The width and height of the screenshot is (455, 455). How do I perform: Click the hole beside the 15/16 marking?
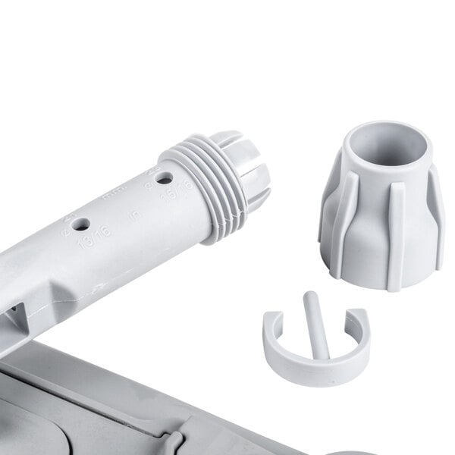pyautogui.click(x=161, y=180)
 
